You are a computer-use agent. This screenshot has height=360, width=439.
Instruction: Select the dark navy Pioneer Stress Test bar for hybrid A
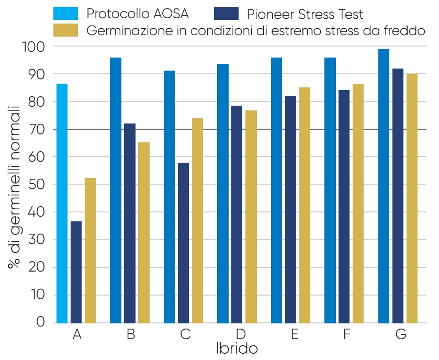point(76,272)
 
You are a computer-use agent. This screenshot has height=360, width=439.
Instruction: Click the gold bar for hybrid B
point(144,232)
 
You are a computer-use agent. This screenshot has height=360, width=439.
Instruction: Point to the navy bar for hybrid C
point(183,243)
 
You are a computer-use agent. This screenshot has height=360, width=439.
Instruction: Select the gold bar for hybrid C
point(197,220)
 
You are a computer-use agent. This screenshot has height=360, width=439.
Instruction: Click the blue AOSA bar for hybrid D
point(223,193)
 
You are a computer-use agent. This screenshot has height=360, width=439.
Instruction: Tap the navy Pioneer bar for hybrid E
point(290,209)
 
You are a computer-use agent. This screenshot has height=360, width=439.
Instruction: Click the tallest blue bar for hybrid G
point(384,186)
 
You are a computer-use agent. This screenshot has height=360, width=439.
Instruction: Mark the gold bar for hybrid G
point(412,198)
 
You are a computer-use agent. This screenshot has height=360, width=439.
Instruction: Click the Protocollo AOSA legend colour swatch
point(66,13)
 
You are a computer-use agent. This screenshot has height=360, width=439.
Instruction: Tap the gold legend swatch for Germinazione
point(66,30)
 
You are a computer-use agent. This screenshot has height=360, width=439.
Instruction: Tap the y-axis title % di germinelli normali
point(14,186)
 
